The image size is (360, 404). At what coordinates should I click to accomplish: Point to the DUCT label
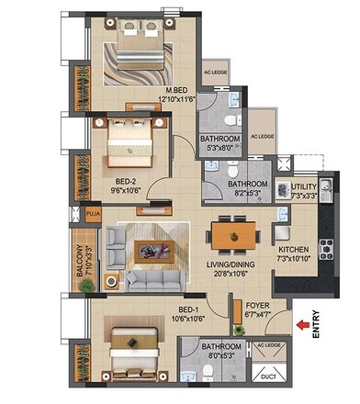pyautogui.click(x=269, y=374)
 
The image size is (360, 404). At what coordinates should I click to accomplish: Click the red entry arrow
pyautogui.click(x=300, y=324)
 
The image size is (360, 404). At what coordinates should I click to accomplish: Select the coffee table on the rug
pyautogui.click(x=146, y=248)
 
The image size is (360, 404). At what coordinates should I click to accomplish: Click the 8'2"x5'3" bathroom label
pyautogui.click(x=247, y=188)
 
